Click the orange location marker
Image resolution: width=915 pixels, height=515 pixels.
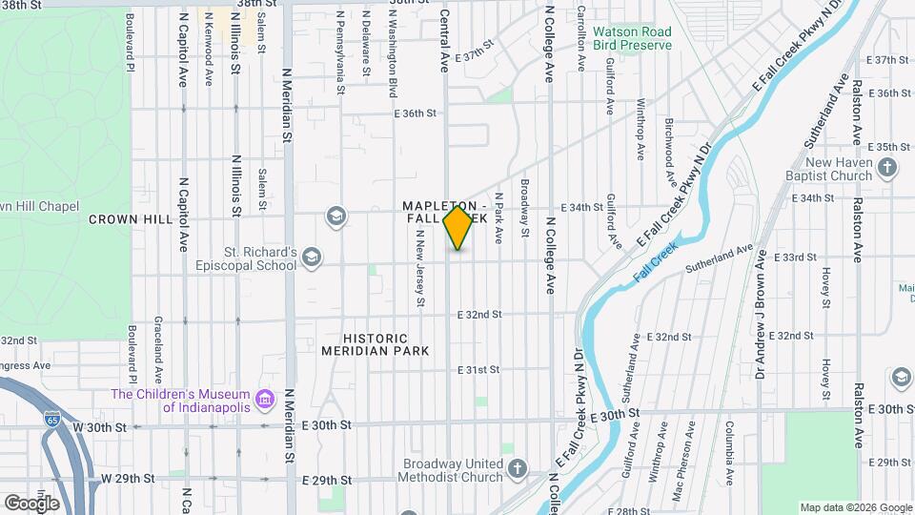point(458,228)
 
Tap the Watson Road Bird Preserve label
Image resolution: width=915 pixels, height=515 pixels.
point(632,38)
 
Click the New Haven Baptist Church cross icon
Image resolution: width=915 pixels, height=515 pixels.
point(887,169)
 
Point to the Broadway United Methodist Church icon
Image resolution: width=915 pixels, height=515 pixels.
point(517,469)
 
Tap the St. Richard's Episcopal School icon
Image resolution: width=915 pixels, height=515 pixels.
point(312,257)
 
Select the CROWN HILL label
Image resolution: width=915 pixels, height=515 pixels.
point(130,219)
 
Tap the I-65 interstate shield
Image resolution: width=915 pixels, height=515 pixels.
point(51,417)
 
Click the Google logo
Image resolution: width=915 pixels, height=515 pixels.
point(32,503)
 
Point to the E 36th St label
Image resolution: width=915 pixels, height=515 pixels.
point(415,113)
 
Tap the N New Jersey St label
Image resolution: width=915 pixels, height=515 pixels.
point(419,274)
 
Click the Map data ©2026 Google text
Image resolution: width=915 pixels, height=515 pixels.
point(855,507)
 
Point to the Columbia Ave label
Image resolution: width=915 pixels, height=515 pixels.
point(728,449)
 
